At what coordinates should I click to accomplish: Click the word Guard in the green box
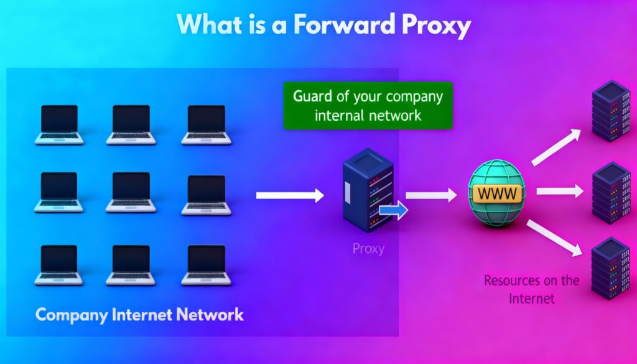point(312,97)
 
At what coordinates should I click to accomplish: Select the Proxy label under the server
point(368,249)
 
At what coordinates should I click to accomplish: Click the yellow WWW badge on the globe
point(498,194)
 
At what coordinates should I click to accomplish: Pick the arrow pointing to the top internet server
point(557,147)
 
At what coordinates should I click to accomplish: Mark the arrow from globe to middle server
point(559,192)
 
